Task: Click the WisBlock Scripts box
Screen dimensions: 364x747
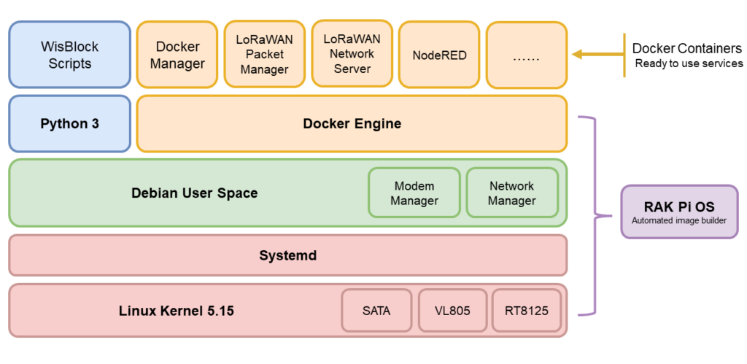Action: (69, 55)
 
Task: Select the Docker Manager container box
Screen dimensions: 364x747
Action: (177, 55)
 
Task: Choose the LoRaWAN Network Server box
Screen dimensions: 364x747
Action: (352, 53)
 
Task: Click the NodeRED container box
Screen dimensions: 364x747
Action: (439, 55)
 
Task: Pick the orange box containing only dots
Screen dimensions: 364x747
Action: (526, 55)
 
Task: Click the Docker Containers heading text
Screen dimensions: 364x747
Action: (686, 49)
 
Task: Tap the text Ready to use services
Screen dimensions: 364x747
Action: (689, 63)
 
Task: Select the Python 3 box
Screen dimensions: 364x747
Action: (69, 123)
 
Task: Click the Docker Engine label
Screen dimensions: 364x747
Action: (352, 123)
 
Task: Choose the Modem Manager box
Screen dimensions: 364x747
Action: (414, 193)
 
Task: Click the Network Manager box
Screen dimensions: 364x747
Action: (511, 193)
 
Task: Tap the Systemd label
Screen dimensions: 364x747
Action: (287, 255)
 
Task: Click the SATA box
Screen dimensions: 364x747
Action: (376, 311)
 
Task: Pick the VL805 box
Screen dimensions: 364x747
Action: (452, 311)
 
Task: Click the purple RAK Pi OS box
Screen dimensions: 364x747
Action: (679, 212)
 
